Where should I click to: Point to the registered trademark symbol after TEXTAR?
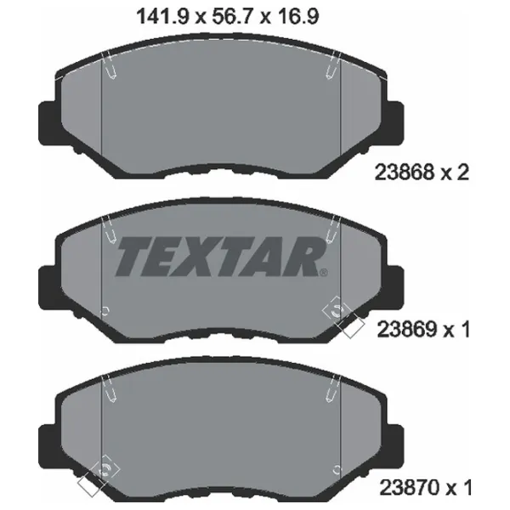pos(324,273)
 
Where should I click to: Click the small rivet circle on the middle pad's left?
pos(104,309)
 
